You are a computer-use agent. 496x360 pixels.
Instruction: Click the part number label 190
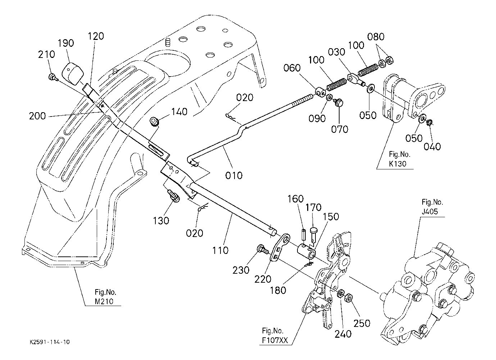[66, 43]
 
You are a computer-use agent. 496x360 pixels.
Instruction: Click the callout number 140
[179, 112]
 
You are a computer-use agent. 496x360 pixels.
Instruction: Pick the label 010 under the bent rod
[234, 176]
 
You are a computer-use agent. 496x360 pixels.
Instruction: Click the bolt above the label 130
[174, 197]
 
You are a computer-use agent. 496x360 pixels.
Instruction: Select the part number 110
[220, 250]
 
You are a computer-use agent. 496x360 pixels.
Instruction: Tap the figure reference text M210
[104, 301]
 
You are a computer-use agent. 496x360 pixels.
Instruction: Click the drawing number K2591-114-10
[50, 342]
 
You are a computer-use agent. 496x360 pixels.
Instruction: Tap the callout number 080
[376, 37]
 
